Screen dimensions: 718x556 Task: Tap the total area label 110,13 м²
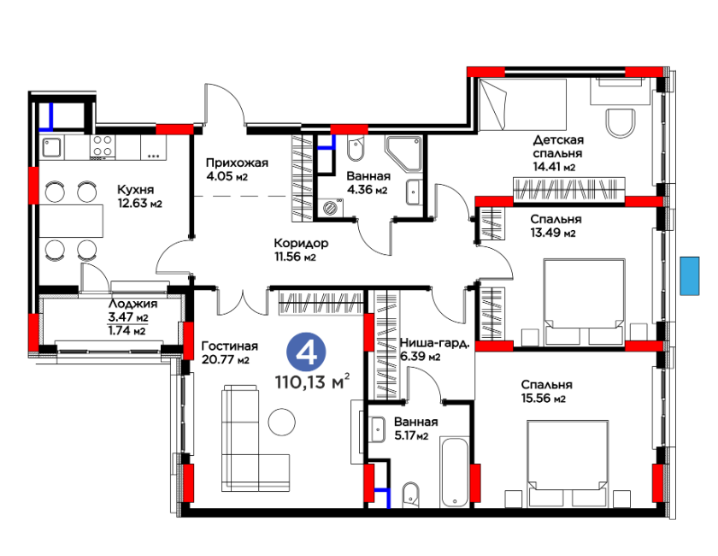pyautogui.click(x=313, y=382)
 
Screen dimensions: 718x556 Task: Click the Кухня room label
pyautogui.click(x=136, y=190)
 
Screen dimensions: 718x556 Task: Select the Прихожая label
pyautogui.click(x=237, y=163)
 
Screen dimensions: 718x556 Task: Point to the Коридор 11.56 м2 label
pyautogui.click(x=301, y=250)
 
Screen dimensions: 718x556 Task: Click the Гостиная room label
pyautogui.click(x=230, y=346)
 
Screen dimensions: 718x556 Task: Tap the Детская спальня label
pyautogui.click(x=558, y=146)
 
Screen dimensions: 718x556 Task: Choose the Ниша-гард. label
pyautogui.click(x=434, y=343)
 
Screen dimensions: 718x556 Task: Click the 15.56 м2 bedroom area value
pyautogui.click(x=543, y=399)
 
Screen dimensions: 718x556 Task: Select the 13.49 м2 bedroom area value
pyautogui.click(x=553, y=233)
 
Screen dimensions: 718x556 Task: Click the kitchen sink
pyautogui.click(x=52, y=147)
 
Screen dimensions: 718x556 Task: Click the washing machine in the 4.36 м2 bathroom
pyautogui.click(x=329, y=208)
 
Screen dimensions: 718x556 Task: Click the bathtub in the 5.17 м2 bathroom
pyautogui.click(x=454, y=471)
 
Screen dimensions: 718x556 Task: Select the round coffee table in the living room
pyautogui.click(x=281, y=422)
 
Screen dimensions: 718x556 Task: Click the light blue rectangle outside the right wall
pyautogui.click(x=690, y=275)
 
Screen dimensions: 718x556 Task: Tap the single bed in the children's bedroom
pyautogui.click(x=523, y=104)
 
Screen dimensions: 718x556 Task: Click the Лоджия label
pyautogui.click(x=132, y=304)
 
